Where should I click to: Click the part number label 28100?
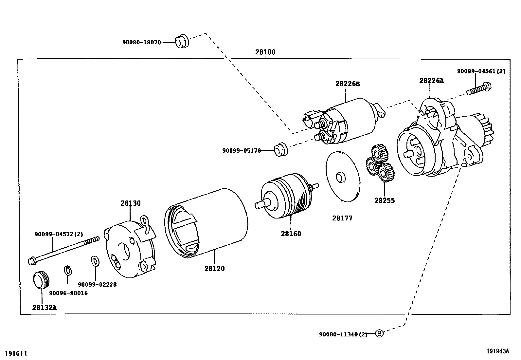[x=265, y=52]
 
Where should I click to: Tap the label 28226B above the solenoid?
[x=347, y=84]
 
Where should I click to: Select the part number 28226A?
[x=431, y=81]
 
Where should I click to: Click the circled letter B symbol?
[x=379, y=334]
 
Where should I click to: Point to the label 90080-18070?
[x=141, y=42]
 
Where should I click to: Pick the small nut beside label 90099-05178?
[x=280, y=150]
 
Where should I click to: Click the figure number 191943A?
[x=497, y=351]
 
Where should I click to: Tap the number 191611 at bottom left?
[x=16, y=353]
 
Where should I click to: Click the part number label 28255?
[x=385, y=200]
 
